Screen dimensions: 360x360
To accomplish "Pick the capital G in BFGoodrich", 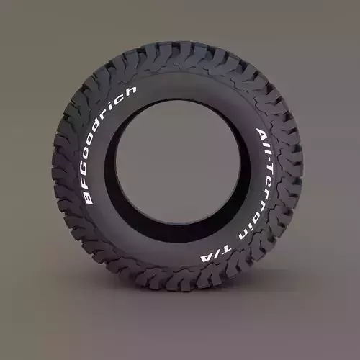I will coord(87,170).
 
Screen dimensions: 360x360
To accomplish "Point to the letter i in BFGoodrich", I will coord(116,107).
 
